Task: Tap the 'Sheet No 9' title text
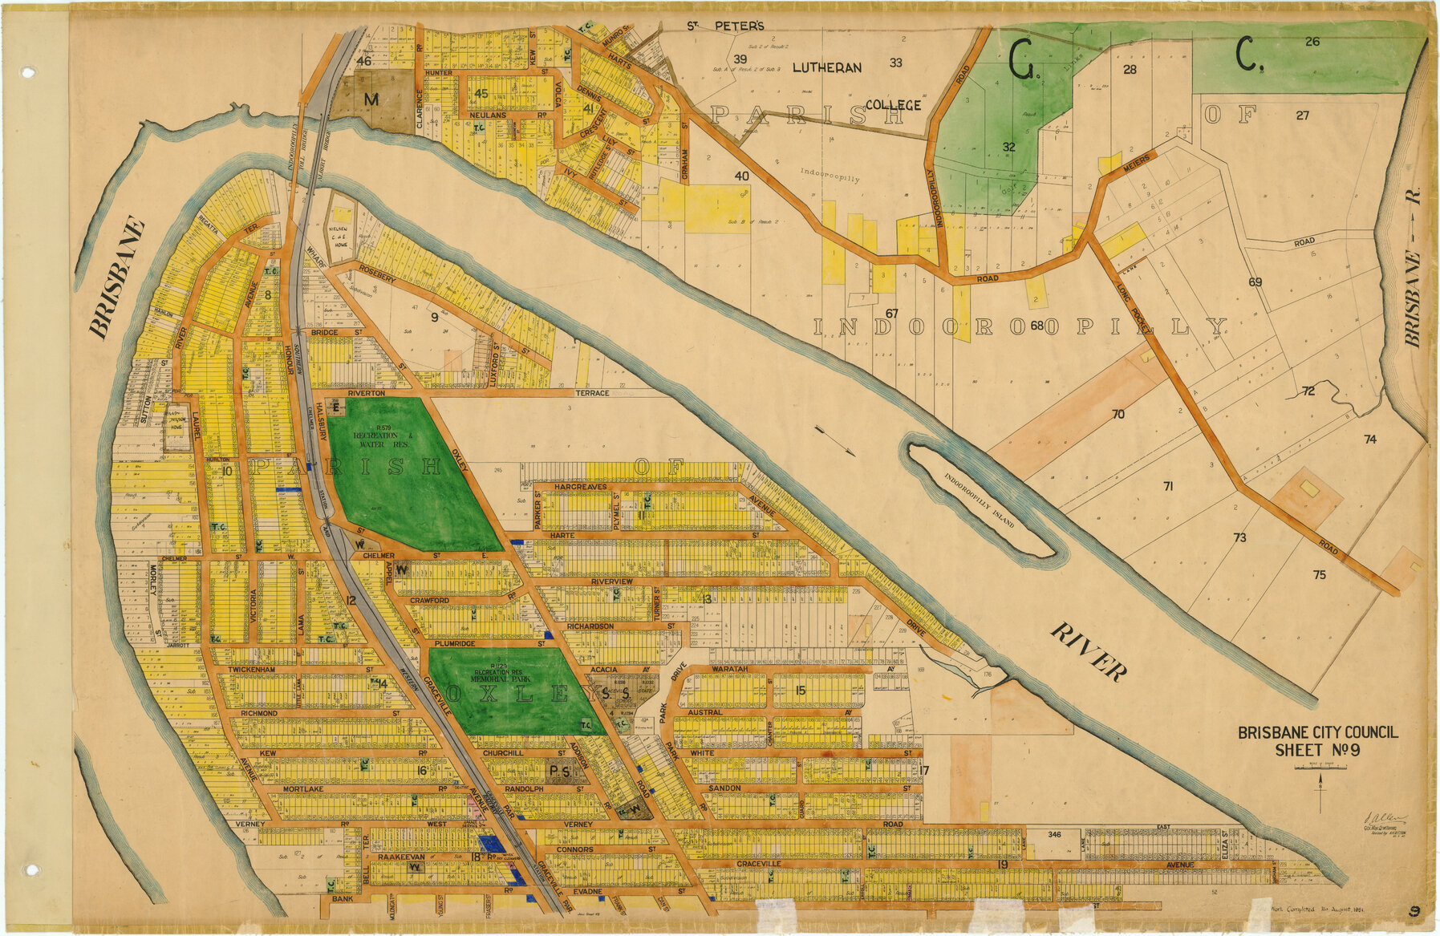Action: point(1317,750)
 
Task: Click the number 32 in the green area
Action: point(1008,147)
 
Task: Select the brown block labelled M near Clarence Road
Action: point(371,99)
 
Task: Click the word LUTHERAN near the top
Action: point(826,68)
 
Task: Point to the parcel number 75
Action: point(1319,574)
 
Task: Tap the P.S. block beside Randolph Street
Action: point(560,772)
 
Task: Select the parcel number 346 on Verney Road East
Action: point(1053,835)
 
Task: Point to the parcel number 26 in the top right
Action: point(1312,42)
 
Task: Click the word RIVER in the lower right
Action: point(1089,651)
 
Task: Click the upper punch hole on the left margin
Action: point(29,72)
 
